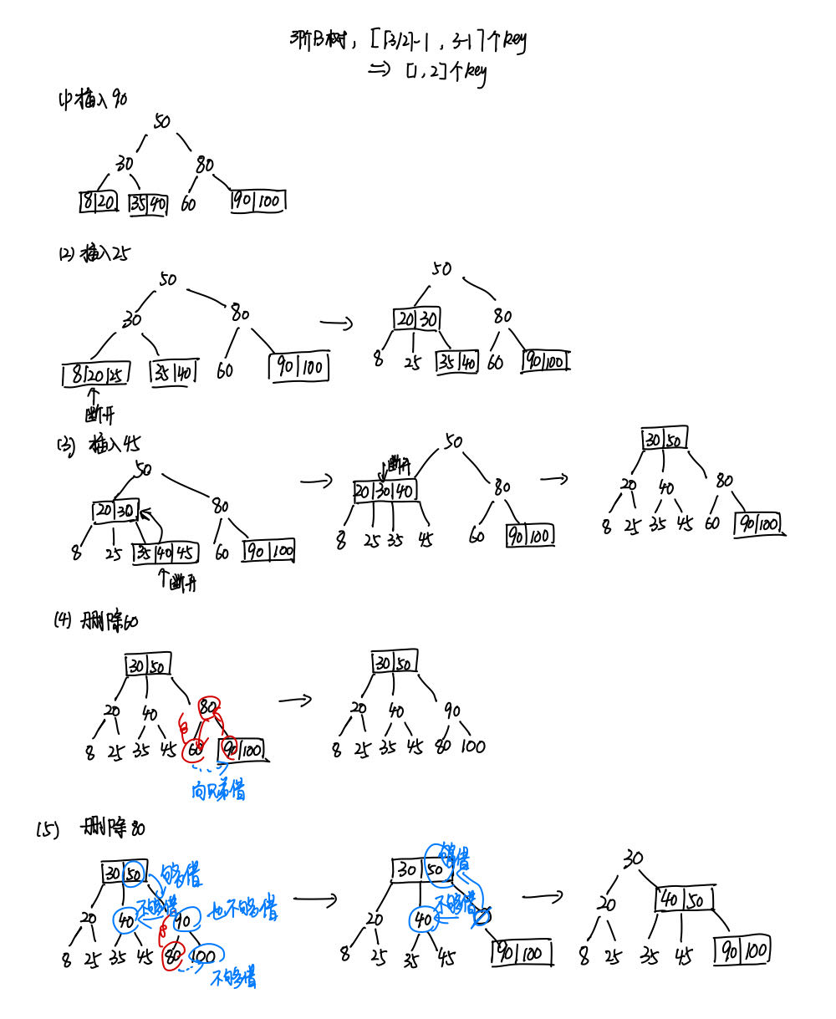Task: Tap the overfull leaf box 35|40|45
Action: click(x=164, y=553)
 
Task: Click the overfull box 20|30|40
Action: click(x=384, y=491)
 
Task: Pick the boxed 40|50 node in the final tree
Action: click(x=686, y=899)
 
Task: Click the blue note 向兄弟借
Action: click(x=218, y=790)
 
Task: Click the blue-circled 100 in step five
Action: click(x=202, y=956)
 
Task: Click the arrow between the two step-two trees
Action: click(x=336, y=322)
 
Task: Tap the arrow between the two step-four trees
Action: click(x=294, y=699)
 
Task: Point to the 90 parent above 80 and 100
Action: click(x=451, y=711)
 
